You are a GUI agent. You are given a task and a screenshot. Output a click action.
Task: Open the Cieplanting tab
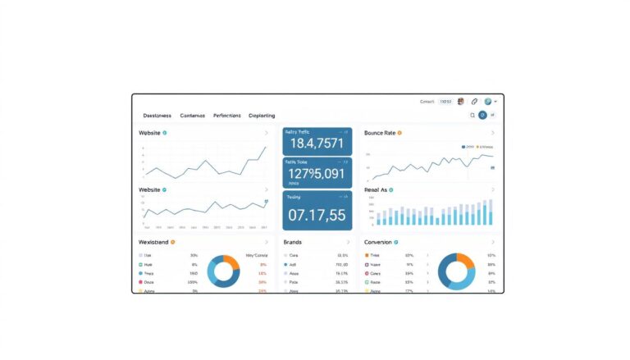(261, 116)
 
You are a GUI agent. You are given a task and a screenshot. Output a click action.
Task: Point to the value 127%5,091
(317, 174)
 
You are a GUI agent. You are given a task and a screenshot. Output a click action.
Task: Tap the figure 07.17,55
(317, 216)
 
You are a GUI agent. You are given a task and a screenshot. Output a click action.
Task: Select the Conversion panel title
(378, 243)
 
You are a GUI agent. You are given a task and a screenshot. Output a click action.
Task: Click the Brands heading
(293, 243)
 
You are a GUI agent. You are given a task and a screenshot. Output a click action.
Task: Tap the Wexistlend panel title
(153, 243)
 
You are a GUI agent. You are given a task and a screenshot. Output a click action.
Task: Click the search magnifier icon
(472, 116)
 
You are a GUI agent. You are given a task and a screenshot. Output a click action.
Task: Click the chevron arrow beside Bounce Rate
(492, 133)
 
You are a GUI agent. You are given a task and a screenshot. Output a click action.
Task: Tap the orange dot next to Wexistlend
(173, 243)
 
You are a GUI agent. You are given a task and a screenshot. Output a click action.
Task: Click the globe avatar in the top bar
(488, 102)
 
